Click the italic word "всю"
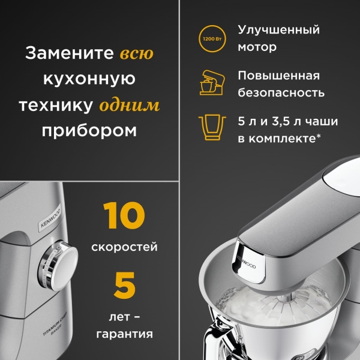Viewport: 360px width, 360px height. (137, 53)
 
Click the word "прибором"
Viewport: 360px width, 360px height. (89, 131)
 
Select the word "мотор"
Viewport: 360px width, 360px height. (257, 47)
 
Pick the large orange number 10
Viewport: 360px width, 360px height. (124, 217)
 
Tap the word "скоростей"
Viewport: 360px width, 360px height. (124, 247)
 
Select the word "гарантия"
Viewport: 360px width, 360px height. (124, 333)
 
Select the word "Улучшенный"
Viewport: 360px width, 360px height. (278, 30)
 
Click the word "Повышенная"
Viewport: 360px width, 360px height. (278, 76)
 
